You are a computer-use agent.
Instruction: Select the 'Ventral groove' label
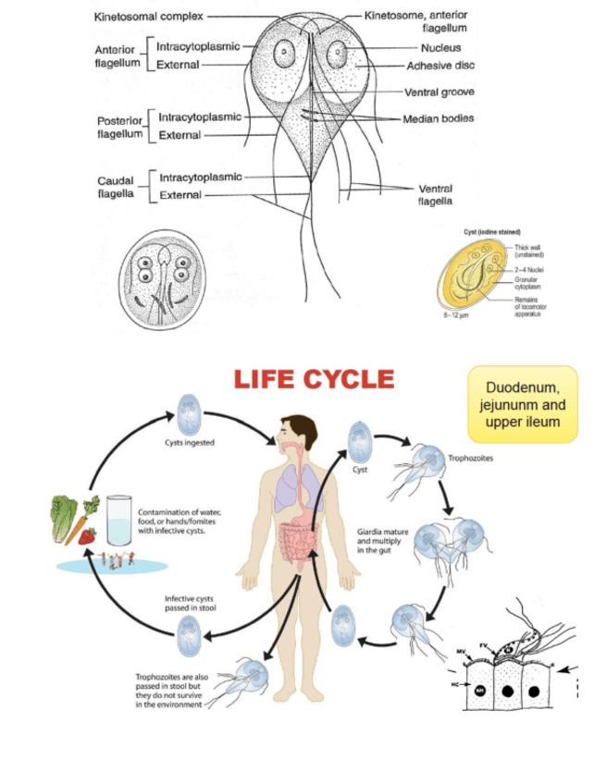tap(439, 92)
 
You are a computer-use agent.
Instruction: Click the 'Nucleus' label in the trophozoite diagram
tap(439, 47)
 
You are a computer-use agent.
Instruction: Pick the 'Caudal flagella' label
tap(116, 187)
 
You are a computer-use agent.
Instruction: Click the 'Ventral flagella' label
tap(435, 194)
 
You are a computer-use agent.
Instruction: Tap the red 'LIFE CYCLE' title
tap(314, 380)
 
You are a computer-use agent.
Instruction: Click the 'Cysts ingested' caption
tap(189, 442)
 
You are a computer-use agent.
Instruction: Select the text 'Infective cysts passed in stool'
tap(191, 604)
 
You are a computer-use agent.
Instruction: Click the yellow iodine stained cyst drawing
tap(475, 274)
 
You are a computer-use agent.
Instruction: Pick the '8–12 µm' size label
tap(458, 315)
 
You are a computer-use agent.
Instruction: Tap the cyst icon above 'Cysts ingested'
tap(189, 410)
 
